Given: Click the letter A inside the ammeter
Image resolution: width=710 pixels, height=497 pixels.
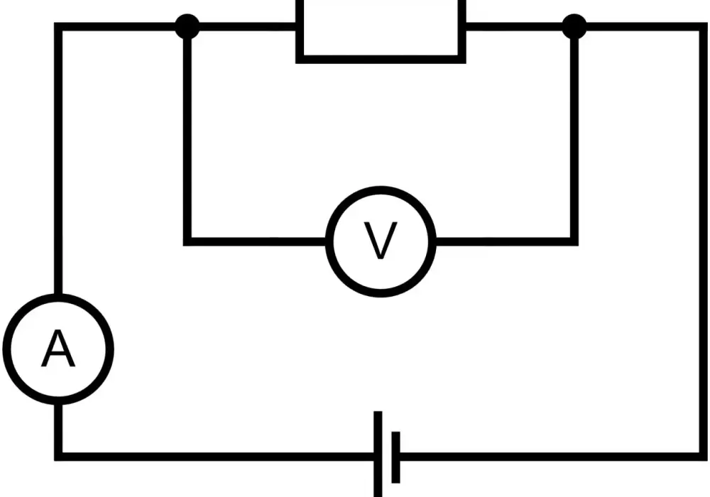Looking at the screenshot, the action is click(58, 349).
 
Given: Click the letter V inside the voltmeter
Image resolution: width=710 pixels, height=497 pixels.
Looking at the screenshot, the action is click(381, 241).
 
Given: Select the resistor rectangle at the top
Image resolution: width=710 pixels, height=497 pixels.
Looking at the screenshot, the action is click(381, 60).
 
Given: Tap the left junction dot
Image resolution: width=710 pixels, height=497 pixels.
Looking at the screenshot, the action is click(187, 26).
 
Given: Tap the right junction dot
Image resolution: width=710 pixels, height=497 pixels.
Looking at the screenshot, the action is click(574, 26).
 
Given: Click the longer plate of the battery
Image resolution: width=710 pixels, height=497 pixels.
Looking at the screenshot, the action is click(378, 454).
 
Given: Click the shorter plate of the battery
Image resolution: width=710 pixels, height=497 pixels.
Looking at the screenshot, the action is click(395, 457).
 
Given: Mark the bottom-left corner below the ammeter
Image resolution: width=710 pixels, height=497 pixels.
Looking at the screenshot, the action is click(58, 457).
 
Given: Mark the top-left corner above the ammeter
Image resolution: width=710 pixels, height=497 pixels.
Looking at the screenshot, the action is click(58, 27).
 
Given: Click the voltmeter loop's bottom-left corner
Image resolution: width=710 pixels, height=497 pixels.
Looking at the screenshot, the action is click(187, 241).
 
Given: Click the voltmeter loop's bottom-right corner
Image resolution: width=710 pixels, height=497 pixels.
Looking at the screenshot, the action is click(574, 241).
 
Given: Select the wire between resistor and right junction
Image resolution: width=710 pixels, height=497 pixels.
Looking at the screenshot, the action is click(514, 27).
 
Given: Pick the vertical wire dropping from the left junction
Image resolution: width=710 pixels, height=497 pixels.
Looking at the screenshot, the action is click(187, 138).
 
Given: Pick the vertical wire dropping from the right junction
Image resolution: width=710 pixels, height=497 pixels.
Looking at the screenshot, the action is click(574, 138).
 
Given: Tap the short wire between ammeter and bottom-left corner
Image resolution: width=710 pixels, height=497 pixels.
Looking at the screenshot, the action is click(58, 427).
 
